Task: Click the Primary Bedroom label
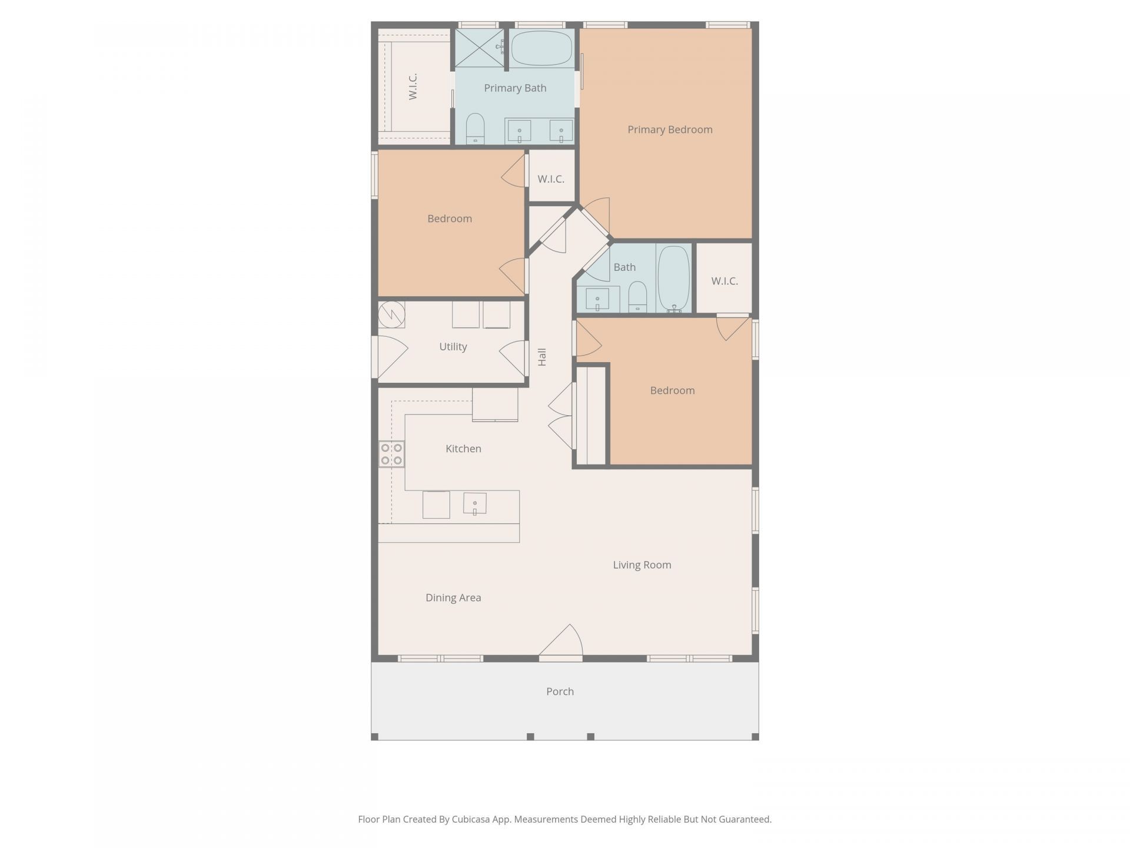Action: point(670,130)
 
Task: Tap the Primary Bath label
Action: point(515,88)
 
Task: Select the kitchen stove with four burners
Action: point(391,454)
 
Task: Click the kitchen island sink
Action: point(475,503)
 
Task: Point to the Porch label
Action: point(560,691)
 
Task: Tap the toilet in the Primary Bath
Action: point(475,129)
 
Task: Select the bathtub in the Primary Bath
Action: point(541,48)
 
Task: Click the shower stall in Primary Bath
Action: point(480,48)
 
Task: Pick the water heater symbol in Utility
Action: point(391,314)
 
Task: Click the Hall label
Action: point(542,357)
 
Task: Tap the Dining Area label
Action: point(453,598)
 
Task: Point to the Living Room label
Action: point(642,565)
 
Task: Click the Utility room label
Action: point(453,347)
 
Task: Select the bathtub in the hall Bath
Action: point(673,279)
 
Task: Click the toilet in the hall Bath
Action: point(637,297)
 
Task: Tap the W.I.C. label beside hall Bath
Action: point(724,281)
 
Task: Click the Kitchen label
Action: point(463,449)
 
